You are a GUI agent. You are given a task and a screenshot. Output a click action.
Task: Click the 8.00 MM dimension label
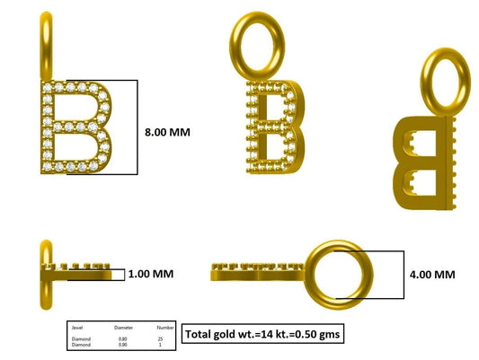coord(168,131)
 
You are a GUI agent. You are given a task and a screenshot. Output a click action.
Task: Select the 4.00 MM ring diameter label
coord(431,273)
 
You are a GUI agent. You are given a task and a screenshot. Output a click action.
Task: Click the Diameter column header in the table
coord(123,327)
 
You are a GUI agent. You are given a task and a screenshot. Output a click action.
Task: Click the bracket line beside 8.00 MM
coord(136,127)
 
